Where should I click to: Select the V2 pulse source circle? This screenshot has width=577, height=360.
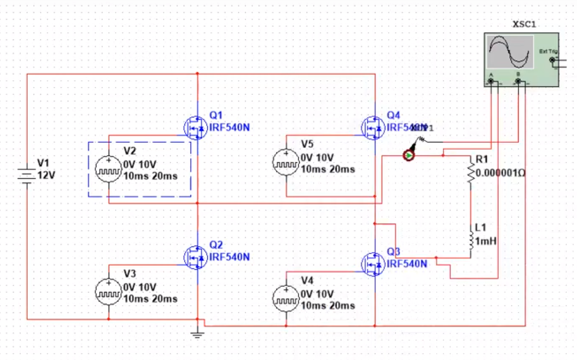pyautogui.click(x=108, y=169)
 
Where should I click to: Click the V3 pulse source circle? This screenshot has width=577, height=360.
pyautogui.click(x=108, y=291)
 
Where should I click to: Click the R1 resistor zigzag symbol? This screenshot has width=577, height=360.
pyautogui.click(x=470, y=171)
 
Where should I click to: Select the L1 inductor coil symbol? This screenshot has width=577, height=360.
pyautogui.click(x=470, y=241)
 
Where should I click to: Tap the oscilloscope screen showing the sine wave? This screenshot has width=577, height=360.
pyautogui.click(x=510, y=52)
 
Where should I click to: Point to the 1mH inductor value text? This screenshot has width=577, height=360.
pyautogui.click(x=485, y=241)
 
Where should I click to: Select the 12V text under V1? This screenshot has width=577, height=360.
pyautogui.click(x=47, y=175)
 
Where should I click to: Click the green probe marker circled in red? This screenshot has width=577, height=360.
pyautogui.click(x=410, y=155)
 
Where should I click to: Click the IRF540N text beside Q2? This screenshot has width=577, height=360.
pyautogui.click(x=229, y=258)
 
